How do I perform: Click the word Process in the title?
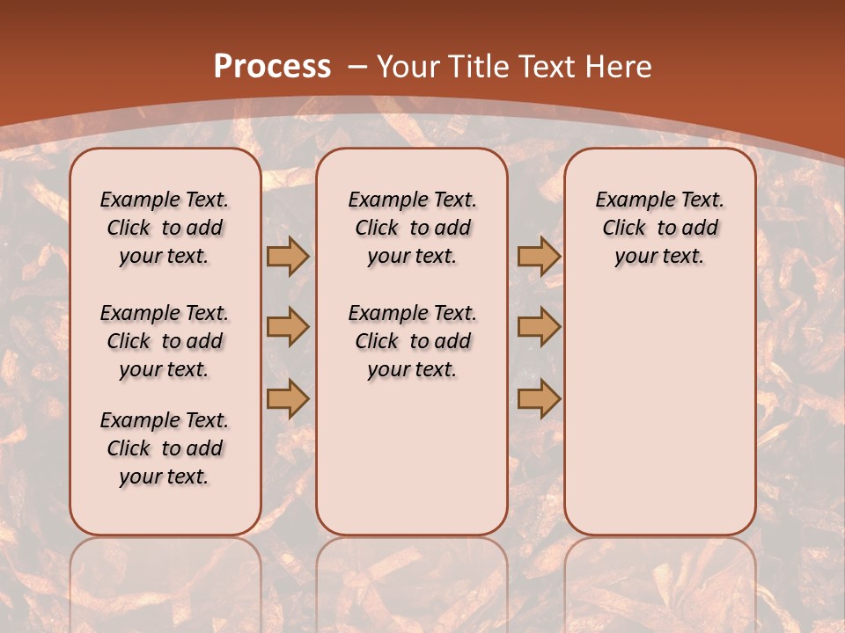click(272, 66)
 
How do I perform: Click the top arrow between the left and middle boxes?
click(287, 256)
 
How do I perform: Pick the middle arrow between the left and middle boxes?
click(287, 327)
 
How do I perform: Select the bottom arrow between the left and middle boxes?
click(287, 398)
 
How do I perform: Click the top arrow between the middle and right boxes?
click(539, 256)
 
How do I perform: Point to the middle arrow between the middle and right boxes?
click(539, 327)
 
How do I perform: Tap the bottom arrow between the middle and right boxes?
click(539, 398)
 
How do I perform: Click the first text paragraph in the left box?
click(165, 228)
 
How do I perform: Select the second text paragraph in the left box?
click(165, 341)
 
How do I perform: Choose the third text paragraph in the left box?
click(165, 448)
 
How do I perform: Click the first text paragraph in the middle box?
click(412, 228)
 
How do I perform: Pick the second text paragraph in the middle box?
click(412, 341)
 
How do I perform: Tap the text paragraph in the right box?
click(659, 228)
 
